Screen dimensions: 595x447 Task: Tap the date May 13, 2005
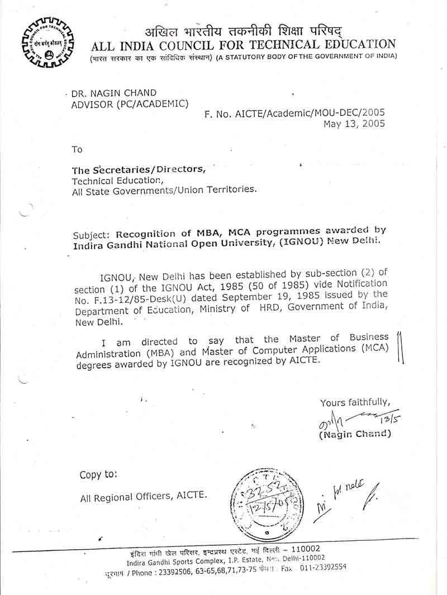[354, 124]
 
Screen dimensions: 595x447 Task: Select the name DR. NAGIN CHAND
[114, 93]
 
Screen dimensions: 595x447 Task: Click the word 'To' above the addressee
[77, 149]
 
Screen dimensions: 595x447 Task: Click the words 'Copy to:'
[98, 475]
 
